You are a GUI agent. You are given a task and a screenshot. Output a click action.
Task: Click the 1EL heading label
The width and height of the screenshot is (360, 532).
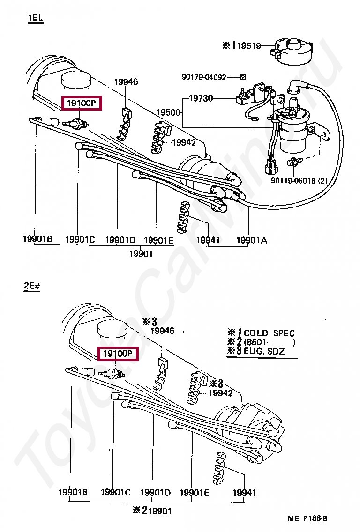click(x=35, y=18)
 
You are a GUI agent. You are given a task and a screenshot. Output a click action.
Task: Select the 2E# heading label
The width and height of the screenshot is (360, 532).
click(x=31, y=286)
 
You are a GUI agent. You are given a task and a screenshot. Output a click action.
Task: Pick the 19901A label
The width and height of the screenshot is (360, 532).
click(x=251, y=240)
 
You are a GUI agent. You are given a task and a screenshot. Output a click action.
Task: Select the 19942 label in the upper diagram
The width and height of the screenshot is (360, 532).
click(x=183, y=142)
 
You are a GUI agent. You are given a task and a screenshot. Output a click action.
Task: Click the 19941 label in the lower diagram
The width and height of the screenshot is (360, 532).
click(x=245, y=493)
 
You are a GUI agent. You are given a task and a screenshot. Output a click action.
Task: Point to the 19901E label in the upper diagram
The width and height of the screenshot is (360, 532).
click(x=158, y=240)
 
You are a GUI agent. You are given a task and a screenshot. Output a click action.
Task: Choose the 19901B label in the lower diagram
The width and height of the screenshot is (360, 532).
click(x=73, y=492)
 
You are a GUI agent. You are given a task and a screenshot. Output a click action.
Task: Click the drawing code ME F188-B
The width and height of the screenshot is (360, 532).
click(x=307, y=518)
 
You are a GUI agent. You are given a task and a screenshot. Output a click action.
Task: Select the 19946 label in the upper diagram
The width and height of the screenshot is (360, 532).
click(x=126, y=82)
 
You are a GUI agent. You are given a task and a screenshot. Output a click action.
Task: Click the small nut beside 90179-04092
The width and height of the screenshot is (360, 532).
click(x=242, y=76)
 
